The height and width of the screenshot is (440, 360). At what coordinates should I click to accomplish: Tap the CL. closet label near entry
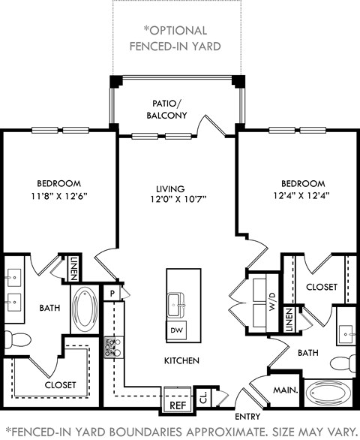pyautogui.click(x=204, y=398)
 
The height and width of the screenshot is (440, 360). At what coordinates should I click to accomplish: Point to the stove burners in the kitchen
pyautogui.click(x=112, y=346)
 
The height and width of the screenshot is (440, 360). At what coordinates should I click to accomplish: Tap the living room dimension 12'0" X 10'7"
pyautogui.click(x=177, y=199)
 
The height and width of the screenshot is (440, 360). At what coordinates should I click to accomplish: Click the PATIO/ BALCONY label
pyautogui.click(x=166, y=110)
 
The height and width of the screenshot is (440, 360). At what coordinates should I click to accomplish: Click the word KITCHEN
pyautogui.click(x=181, y=361)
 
